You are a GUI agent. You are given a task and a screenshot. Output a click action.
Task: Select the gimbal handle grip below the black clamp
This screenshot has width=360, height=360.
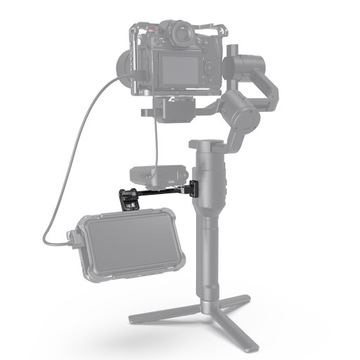209,250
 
